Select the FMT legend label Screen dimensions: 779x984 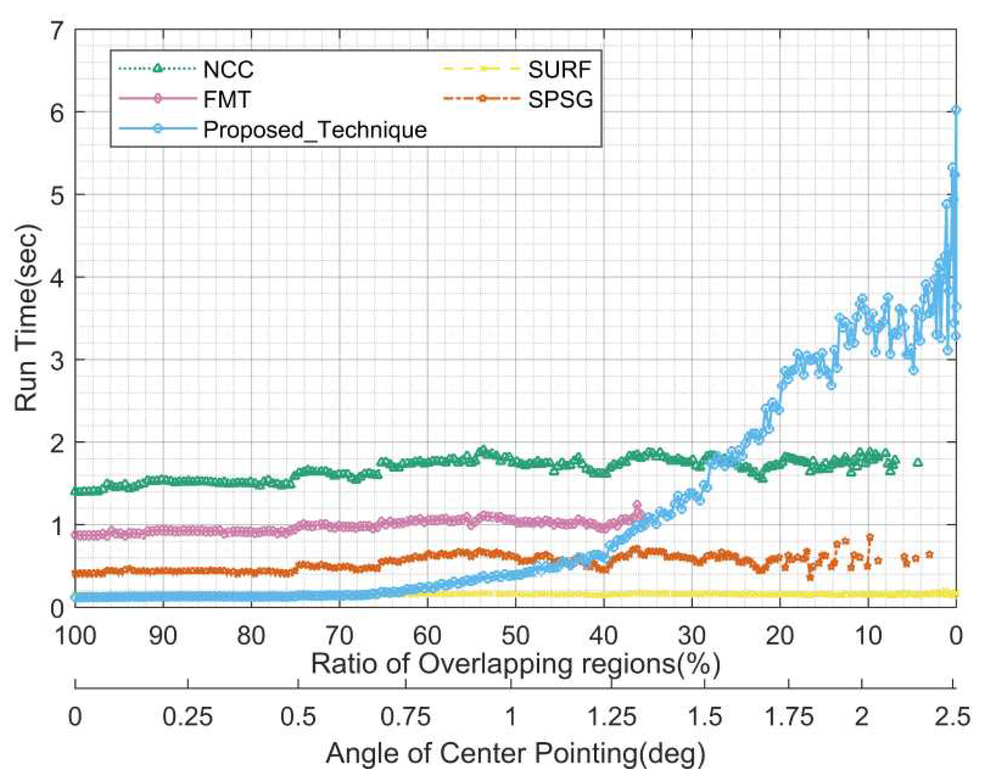[227, 100]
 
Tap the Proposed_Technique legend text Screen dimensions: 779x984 [315, 129]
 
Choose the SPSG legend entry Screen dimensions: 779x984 [560, 100]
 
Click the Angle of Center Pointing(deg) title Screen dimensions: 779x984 [515, 753]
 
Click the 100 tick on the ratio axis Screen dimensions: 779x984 [75, 635]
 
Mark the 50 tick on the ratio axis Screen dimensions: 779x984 [515, 635]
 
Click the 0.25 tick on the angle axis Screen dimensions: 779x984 [187, 717]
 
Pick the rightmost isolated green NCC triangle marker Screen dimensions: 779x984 [918, 462]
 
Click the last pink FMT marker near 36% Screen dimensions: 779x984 [637, 505]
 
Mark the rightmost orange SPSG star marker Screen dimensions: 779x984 [929, 555]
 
